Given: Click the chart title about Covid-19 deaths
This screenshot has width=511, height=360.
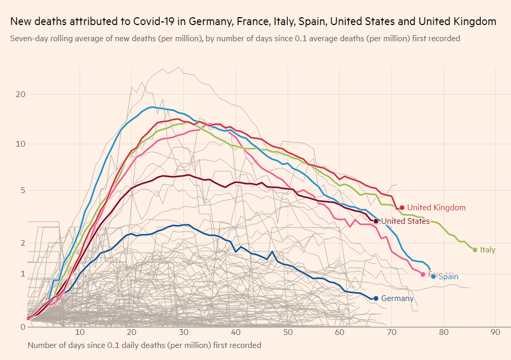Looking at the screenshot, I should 253,22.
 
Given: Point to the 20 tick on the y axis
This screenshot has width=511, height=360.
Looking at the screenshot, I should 21,94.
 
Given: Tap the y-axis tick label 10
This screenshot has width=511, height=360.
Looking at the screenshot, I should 21,143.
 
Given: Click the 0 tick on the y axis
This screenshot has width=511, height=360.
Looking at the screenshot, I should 23,327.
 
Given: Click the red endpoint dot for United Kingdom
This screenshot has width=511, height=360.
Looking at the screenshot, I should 402,208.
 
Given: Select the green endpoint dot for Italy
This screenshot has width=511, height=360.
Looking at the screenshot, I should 475,250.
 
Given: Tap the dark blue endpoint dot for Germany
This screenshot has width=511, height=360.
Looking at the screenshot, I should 376,298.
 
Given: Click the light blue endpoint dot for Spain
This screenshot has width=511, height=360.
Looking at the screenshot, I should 433,277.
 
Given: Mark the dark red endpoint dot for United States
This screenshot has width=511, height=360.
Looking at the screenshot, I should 376,221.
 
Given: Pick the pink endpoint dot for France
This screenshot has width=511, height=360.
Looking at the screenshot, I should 423,274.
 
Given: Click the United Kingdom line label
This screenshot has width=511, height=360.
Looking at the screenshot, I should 436,208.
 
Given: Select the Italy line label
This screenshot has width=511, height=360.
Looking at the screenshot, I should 488,250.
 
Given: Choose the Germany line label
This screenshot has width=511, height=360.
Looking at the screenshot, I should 397,298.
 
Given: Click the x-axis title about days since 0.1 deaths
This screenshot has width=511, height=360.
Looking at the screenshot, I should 144,345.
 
